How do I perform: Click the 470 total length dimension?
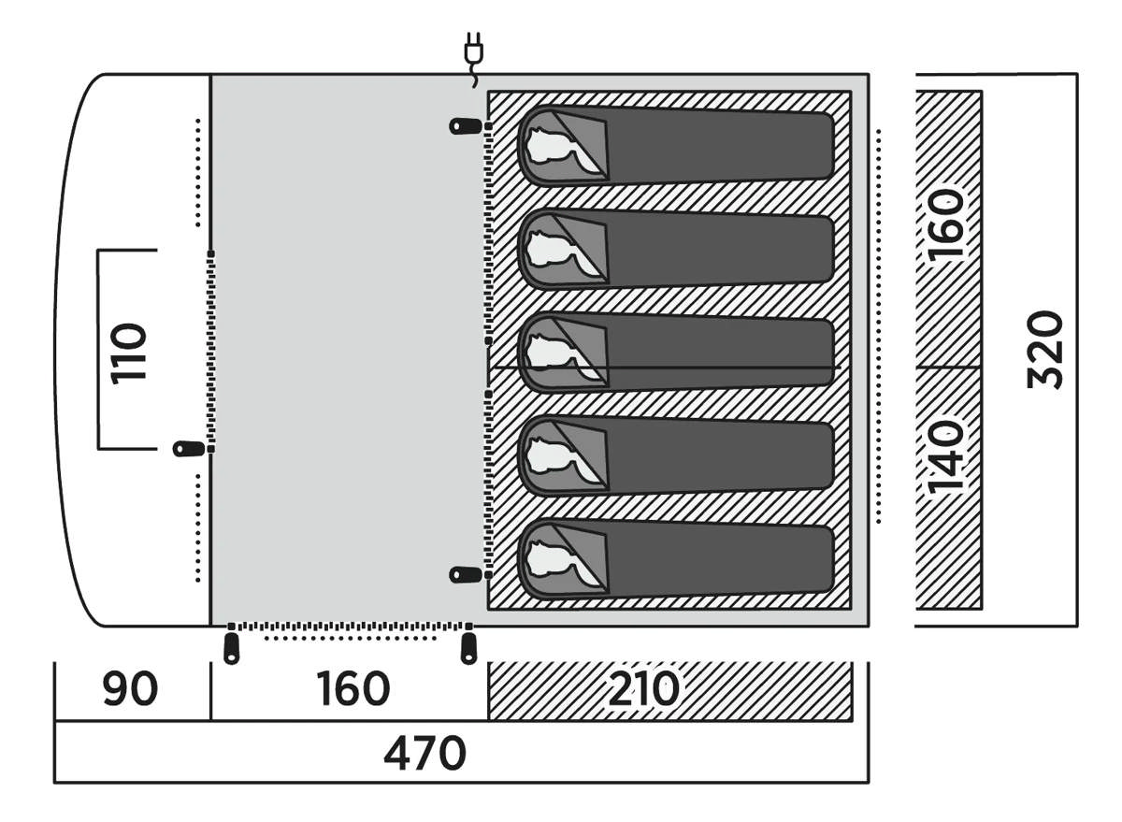pyautogui.click(x=424, y=753)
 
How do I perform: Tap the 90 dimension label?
pyautogui.click(x=130, y=691)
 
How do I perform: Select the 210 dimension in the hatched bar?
pyautogui.click(x=643, y=691)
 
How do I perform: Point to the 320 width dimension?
pyautogui.click(x=1045, y=350)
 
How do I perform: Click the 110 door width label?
pyautogui.click(x=129, y=352)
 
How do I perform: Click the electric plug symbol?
pyautogui.click(x=474, y=53)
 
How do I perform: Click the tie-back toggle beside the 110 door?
pyautogui.click(x=189, y=449)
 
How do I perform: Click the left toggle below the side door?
pyautogui.click(x=231, y=648)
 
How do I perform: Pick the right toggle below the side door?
pyautogui.click(x=468, y=648)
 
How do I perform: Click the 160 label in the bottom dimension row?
pyautogui.click(x=352, y=691)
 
